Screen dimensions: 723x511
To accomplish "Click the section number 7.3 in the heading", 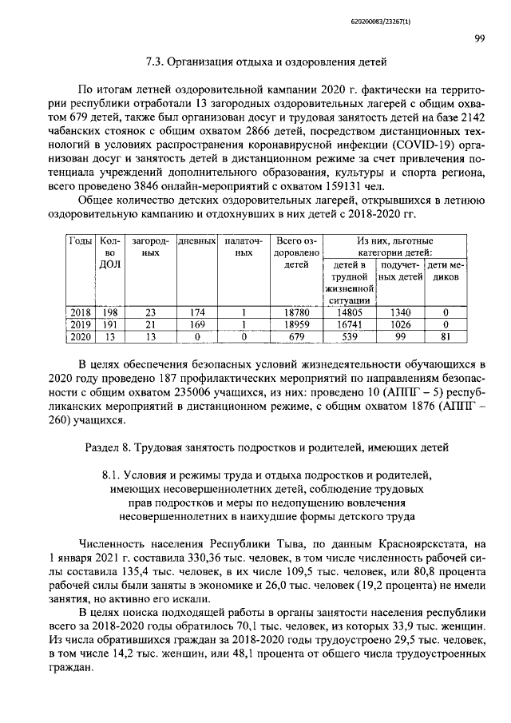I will (x=156, y=61).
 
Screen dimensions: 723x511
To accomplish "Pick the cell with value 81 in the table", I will (x=446, y=337).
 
